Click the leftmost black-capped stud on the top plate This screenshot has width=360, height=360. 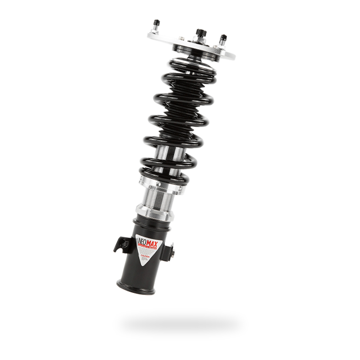click(x=156, y=24)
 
